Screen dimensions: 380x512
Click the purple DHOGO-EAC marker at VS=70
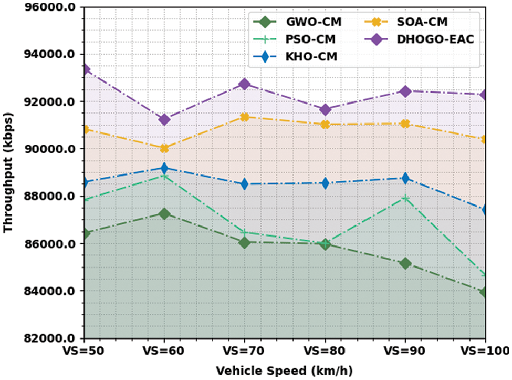pos(245,84)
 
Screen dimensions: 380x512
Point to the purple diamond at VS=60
pos(164,120)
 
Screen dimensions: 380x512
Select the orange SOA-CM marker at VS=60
pos(164,149)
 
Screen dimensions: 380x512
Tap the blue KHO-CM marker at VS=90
pos(405,179)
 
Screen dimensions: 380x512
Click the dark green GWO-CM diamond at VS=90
pos(405,263)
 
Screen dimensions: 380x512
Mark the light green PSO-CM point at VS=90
pos(405,198)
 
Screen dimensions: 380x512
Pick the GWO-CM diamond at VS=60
pos(164,214)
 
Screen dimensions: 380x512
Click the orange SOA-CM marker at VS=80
pos(325,125)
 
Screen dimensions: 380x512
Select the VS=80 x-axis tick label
pos(325,350)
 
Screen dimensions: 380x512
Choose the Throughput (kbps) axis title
pos(9,173)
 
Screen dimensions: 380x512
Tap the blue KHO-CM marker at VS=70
pos(245,184)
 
